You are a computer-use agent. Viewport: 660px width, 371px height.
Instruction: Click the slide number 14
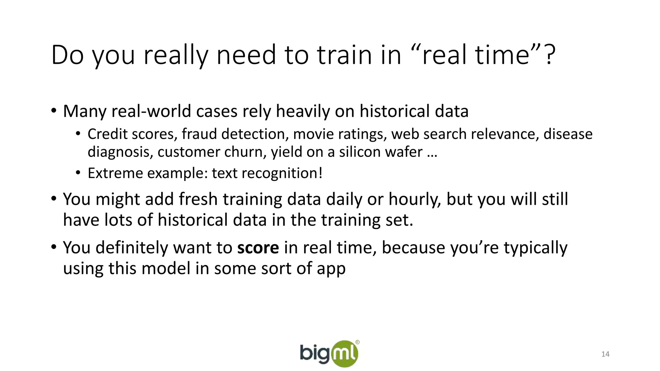[605, 354]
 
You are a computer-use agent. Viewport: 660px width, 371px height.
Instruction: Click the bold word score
[258, 247]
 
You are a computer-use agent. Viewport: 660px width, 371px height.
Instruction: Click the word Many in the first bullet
[84, 111]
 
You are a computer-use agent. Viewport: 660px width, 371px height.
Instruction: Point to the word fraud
[200, 134]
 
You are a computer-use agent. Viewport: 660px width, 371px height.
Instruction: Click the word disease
[568, 134]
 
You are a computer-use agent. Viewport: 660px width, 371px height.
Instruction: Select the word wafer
[403, 152]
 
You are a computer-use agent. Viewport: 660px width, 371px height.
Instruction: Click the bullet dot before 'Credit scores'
[78, 134]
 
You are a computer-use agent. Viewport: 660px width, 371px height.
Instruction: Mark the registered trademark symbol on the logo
[357, 342]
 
